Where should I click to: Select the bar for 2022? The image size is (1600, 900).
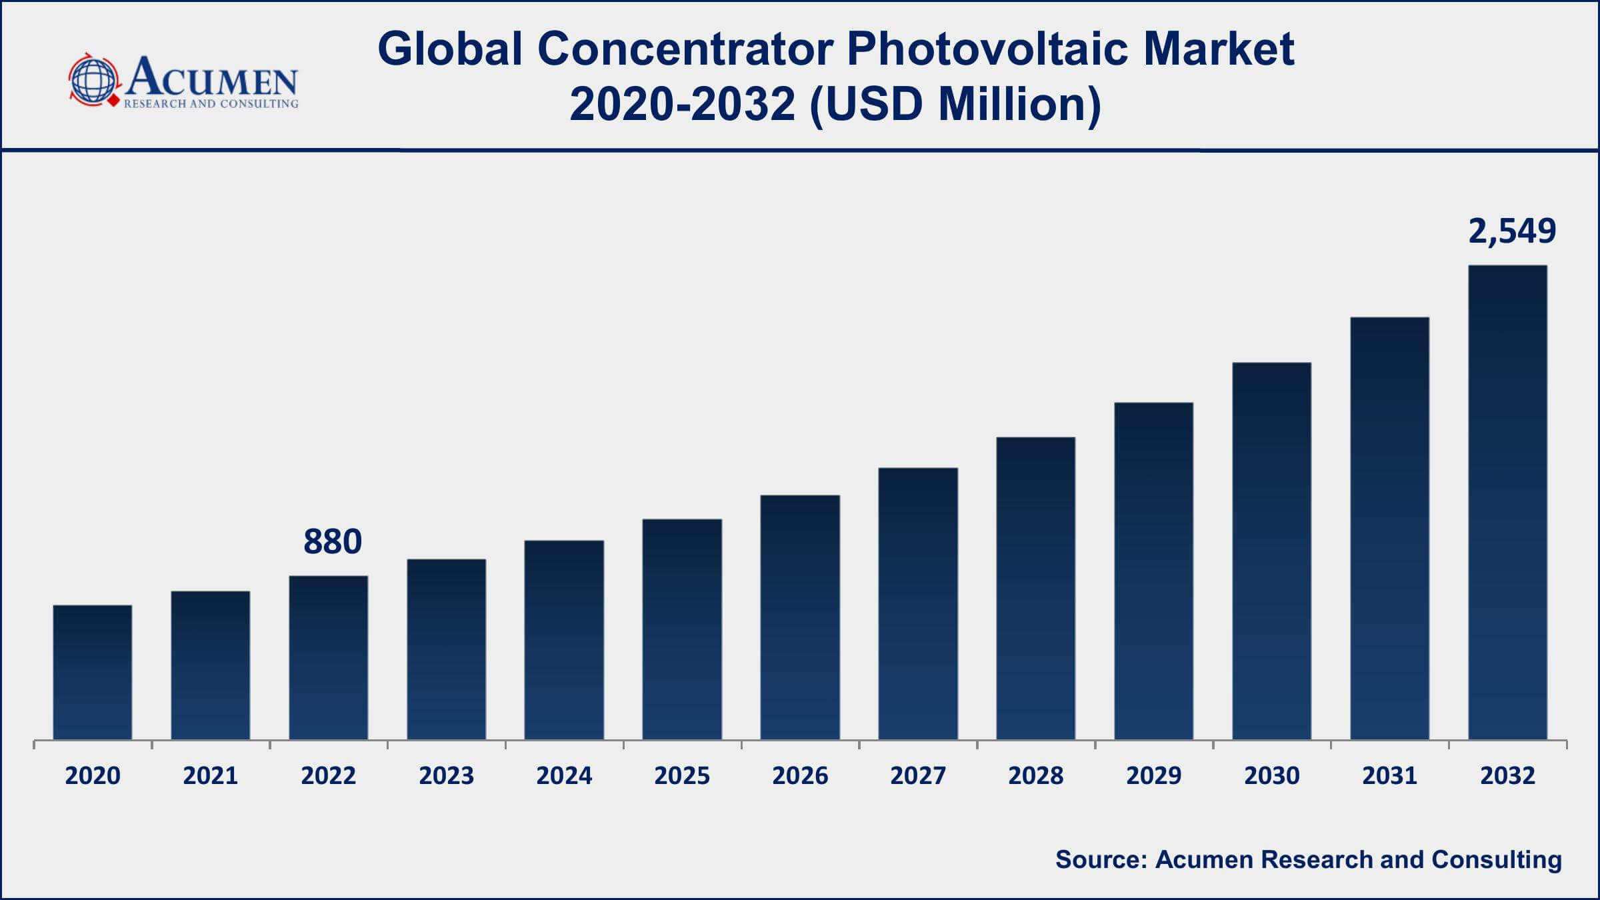329,657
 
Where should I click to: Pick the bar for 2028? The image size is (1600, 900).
1035,588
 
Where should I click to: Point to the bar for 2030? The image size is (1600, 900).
1271,551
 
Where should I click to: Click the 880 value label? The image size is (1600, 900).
333,541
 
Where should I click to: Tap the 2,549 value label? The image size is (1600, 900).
1512,231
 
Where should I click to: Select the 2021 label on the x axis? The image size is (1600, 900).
211,776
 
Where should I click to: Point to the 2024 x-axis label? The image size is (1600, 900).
564,776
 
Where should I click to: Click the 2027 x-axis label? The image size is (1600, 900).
918,776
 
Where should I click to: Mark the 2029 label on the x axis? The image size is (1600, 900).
1154,776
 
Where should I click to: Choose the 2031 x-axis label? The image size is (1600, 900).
1389,776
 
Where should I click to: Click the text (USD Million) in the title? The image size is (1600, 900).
955,105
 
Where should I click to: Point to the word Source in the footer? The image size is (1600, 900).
1101,859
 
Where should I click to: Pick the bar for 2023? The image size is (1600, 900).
447,649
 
